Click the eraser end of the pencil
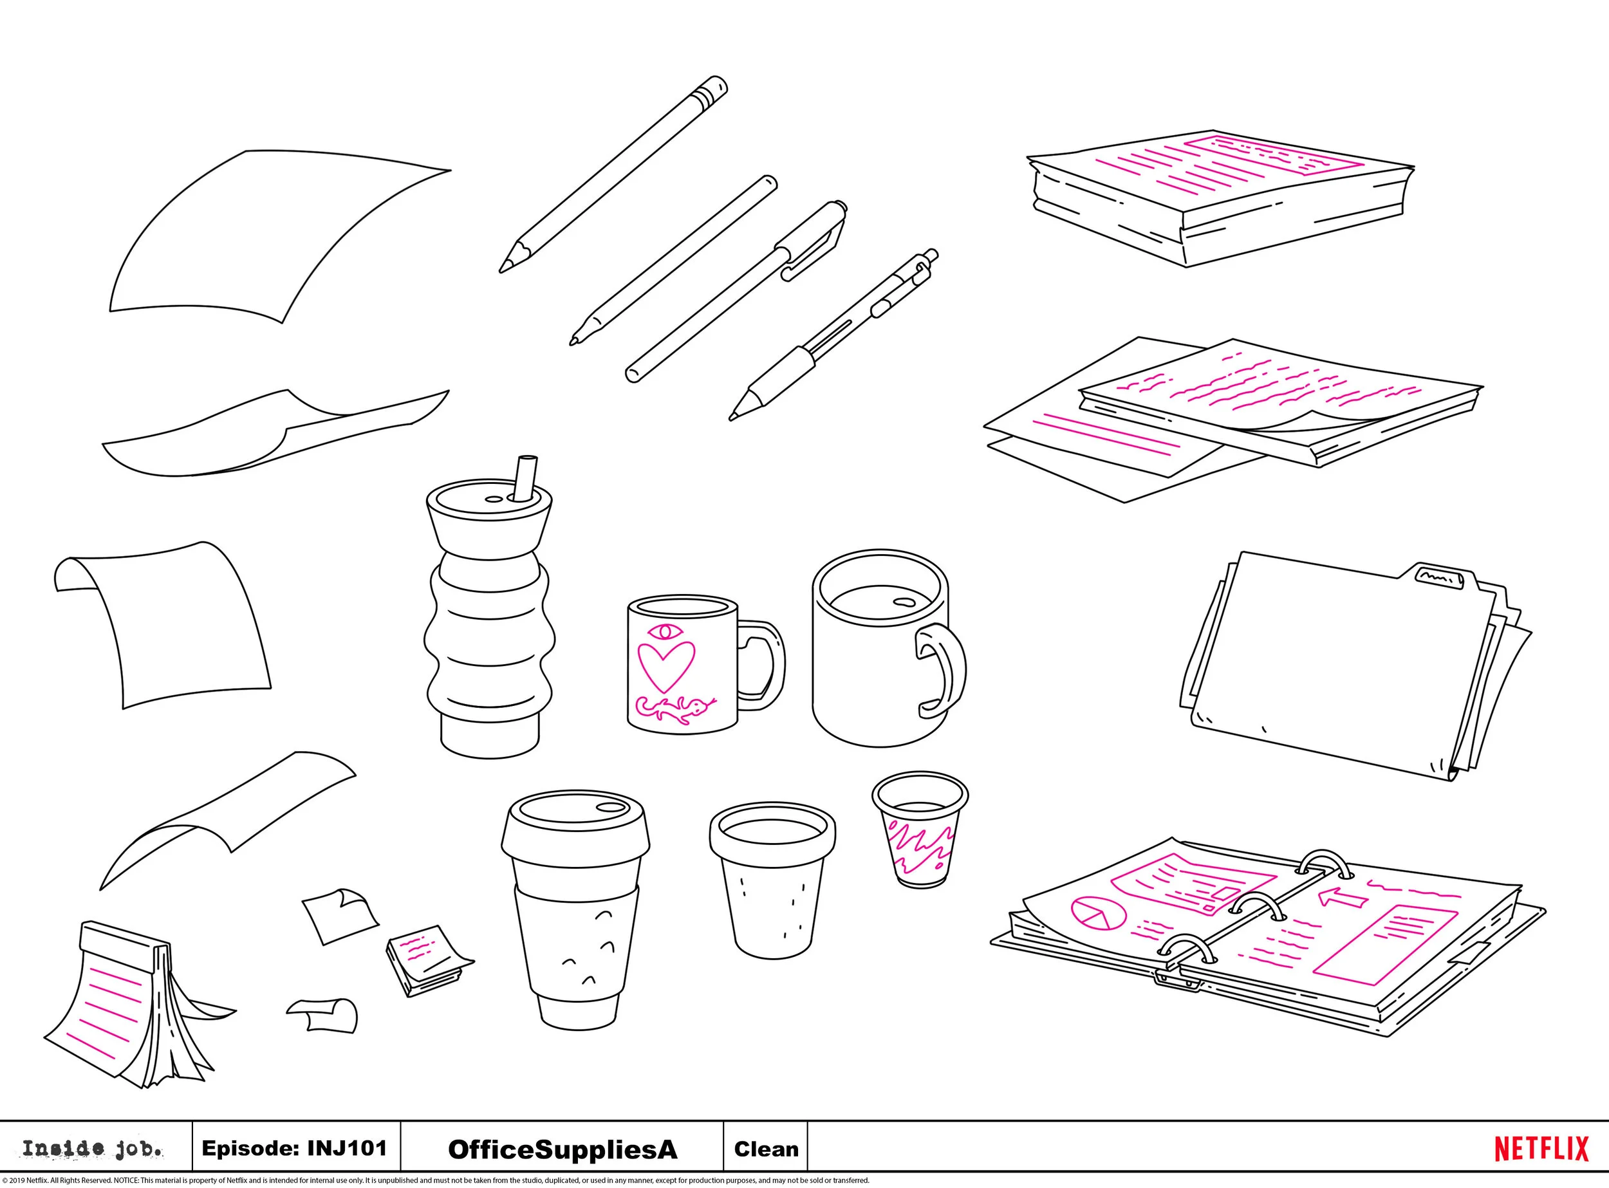coord(711,89)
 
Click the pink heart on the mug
coord(666,666)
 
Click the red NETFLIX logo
coord(1541,1149)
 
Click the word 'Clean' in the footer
coord(765,1149)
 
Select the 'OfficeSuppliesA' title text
coord(563,1149)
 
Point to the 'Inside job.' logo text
coord(92,1149)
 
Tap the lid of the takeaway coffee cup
coord(575,828)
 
